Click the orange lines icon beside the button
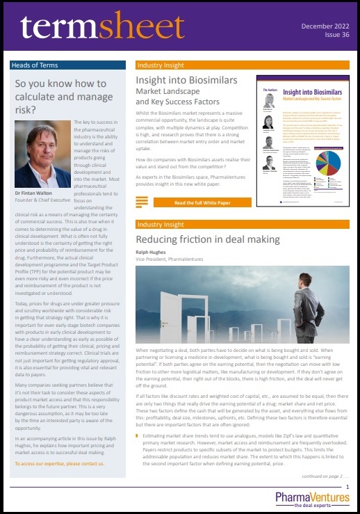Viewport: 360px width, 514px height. [x=142, y=183]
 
